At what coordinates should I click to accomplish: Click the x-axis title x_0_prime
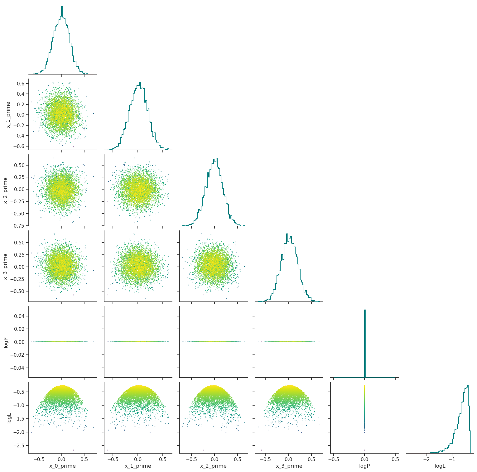62,466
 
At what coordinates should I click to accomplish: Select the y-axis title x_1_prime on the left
8,115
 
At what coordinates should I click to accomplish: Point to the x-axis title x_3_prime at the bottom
289,466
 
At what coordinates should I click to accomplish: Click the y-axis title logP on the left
5,342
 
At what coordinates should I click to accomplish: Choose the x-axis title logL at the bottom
440,466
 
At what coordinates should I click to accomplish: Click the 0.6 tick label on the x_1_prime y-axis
21,84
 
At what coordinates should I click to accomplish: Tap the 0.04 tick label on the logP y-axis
19,316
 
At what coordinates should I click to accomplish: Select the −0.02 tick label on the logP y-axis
17,355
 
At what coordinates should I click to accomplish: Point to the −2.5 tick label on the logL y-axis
19,446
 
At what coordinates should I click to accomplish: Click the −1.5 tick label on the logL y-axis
19,419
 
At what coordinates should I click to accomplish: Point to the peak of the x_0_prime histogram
62,7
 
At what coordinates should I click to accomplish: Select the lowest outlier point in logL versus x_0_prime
73,450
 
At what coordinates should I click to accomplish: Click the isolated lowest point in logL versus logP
364,450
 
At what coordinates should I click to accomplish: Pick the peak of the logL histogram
468,386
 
